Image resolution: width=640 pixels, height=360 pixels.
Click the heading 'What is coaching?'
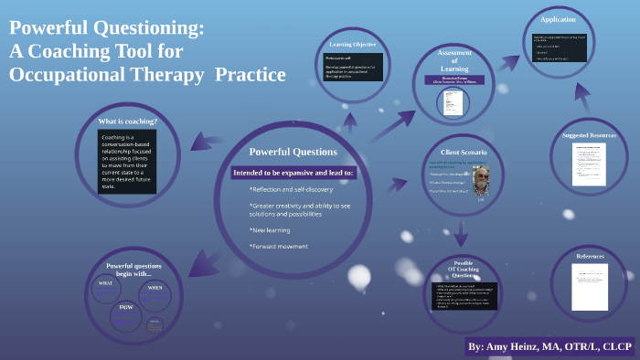coord(127,122)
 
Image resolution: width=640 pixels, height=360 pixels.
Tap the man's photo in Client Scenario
coord(481,179)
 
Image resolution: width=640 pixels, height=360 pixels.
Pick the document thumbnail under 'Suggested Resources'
coord(589,164)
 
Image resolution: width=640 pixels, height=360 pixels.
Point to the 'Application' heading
coord(557,19)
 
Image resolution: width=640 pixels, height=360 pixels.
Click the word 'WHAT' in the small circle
coord(105,283)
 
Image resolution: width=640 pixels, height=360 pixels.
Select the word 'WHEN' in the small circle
coord(155,287)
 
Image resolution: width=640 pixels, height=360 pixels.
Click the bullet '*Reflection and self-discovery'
coord(291,189)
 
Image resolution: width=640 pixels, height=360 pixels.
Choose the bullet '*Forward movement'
coord(278,246)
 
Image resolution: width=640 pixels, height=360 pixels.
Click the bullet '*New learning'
coord(271,229)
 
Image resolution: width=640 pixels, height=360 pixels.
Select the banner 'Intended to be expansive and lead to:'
coord(293,172)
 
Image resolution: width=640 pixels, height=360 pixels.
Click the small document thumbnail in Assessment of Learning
coord(451,101)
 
